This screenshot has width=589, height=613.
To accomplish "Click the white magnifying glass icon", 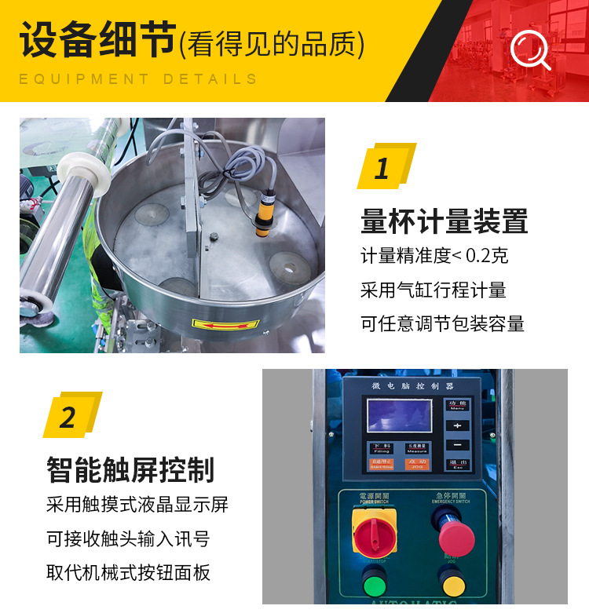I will [530, 50].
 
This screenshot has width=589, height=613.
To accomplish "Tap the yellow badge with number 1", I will [384, 167].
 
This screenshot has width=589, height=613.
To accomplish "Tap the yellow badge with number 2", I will [70, 415].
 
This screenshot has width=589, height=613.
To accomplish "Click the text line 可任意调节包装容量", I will [442, 323].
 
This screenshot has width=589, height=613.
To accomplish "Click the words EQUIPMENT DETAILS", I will [138, 79].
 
